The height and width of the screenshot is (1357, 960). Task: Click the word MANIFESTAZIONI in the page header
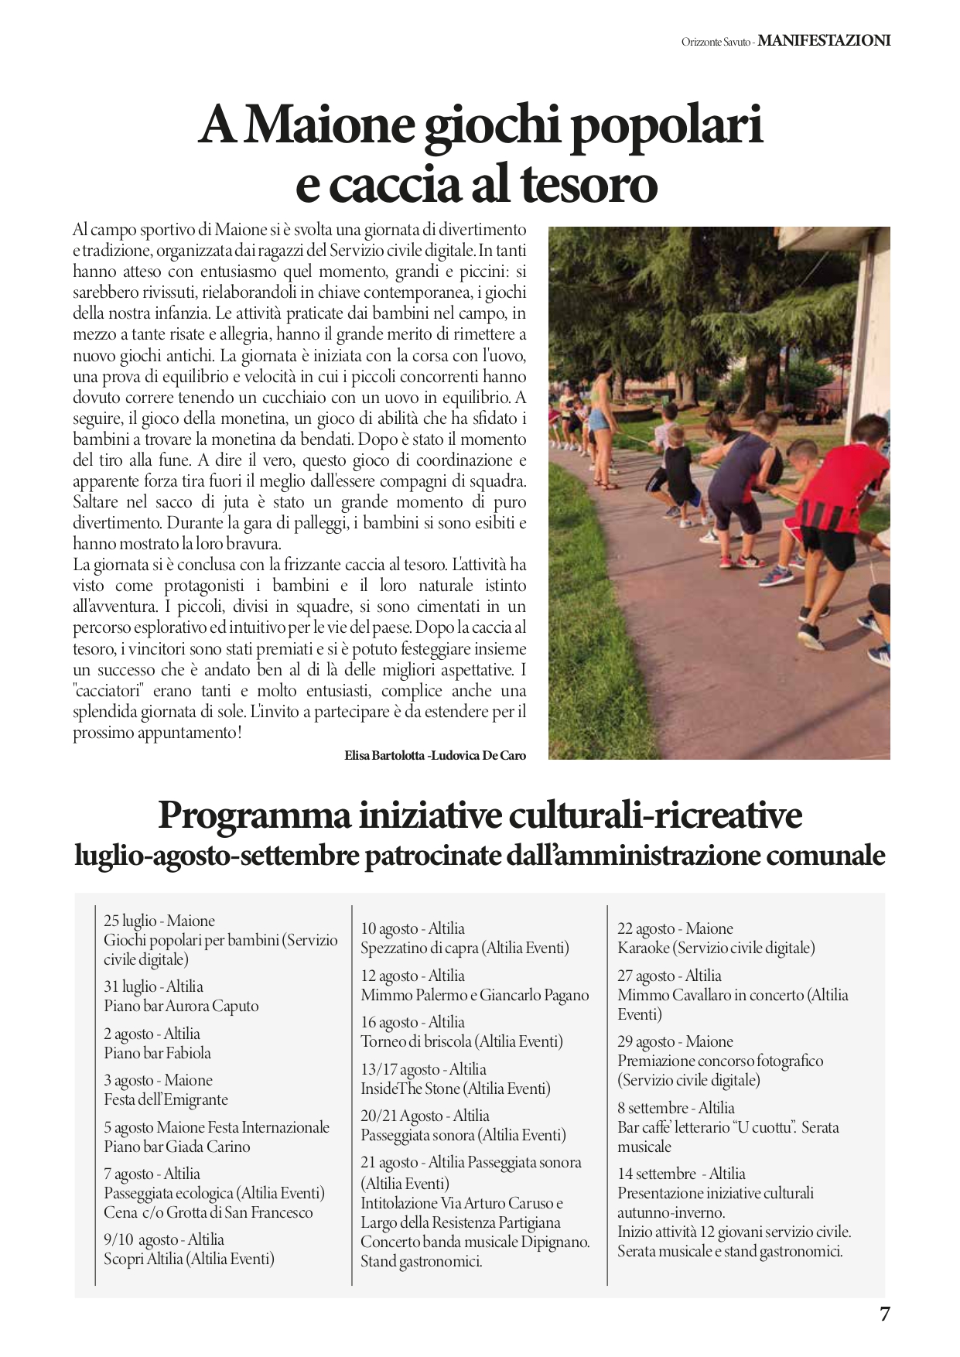[824, 41]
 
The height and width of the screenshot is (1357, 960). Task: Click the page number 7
[885, 1314]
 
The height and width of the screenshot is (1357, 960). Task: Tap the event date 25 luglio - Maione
[159, 921]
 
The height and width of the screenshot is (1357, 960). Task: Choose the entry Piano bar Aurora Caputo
[181, 1006]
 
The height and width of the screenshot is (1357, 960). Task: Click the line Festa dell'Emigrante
[166, 1099]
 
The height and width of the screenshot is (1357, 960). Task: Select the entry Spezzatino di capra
[464, 948]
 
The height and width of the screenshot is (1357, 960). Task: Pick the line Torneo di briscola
[461, 1041]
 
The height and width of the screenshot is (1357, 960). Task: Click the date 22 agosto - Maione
[675, 928]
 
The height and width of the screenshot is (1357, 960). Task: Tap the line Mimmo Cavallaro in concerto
[732, 995]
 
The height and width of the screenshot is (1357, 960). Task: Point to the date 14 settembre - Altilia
[681, 1174]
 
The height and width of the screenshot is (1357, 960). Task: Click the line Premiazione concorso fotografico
[719, 1061]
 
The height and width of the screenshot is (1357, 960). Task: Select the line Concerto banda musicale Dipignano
[474, 1242]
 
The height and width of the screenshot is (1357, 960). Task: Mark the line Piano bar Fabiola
[157, 1053]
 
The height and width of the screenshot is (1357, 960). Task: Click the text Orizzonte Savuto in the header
[715, 43]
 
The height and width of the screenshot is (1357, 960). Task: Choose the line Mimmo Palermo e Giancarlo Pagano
[474, 995]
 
